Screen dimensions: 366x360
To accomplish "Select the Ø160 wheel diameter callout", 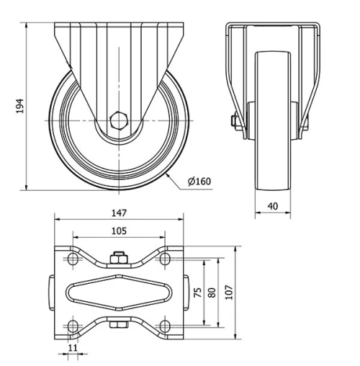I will [198, 181].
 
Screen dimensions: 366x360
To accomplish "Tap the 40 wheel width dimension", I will [273, 206].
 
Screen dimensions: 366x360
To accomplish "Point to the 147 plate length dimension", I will [120, 213].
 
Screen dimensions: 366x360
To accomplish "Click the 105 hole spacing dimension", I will [120, 231].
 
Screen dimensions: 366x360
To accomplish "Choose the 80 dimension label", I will [212, 292].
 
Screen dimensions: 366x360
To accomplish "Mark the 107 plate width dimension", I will [229, 292].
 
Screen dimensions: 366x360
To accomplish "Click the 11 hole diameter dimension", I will [71, 348].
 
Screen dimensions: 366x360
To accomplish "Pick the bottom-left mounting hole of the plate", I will [72, 326].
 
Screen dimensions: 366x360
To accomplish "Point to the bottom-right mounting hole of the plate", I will [165, 326].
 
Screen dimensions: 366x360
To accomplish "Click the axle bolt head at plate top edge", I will [118, 259].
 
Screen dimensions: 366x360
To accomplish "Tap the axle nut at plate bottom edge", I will [118, 328].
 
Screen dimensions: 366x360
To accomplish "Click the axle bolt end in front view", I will [235, 122].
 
